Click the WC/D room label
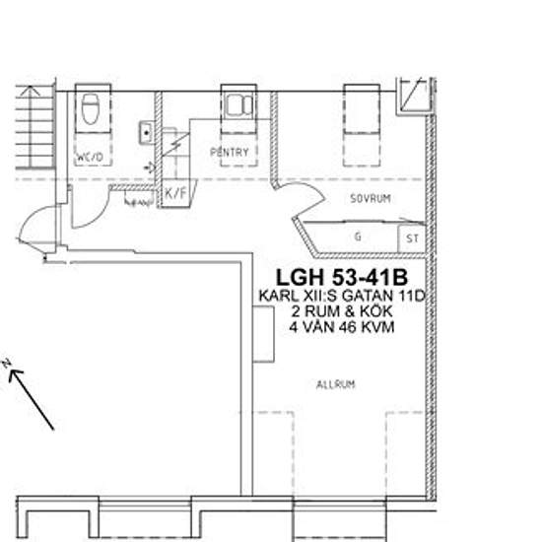[90, 157]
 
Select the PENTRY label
[230, 153]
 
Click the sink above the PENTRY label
[237, 104]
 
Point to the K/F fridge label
[175, 193]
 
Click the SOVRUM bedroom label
[371, 198]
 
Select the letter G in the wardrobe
[357, 237]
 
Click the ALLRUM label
[335, 384]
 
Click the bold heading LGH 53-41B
[337, 276]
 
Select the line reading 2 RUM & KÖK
[337, 311]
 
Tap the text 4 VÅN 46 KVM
[337, 327]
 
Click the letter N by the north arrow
[7, 366]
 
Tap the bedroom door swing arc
[301, 202]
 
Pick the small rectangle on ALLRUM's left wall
[263, 333]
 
